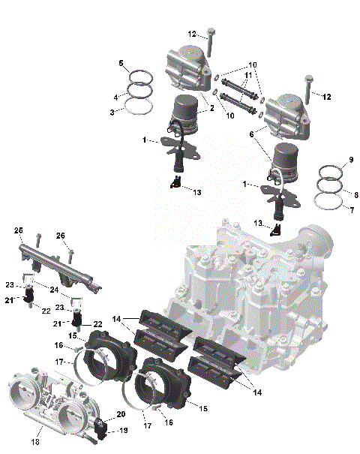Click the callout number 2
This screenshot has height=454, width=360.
[212, 109]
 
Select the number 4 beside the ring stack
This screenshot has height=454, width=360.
[115, 98]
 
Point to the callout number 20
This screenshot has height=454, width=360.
[121, 415]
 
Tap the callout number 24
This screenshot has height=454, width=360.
[55, 287]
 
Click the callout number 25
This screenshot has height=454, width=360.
[19, 230]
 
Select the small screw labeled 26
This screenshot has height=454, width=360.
[70, 255]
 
